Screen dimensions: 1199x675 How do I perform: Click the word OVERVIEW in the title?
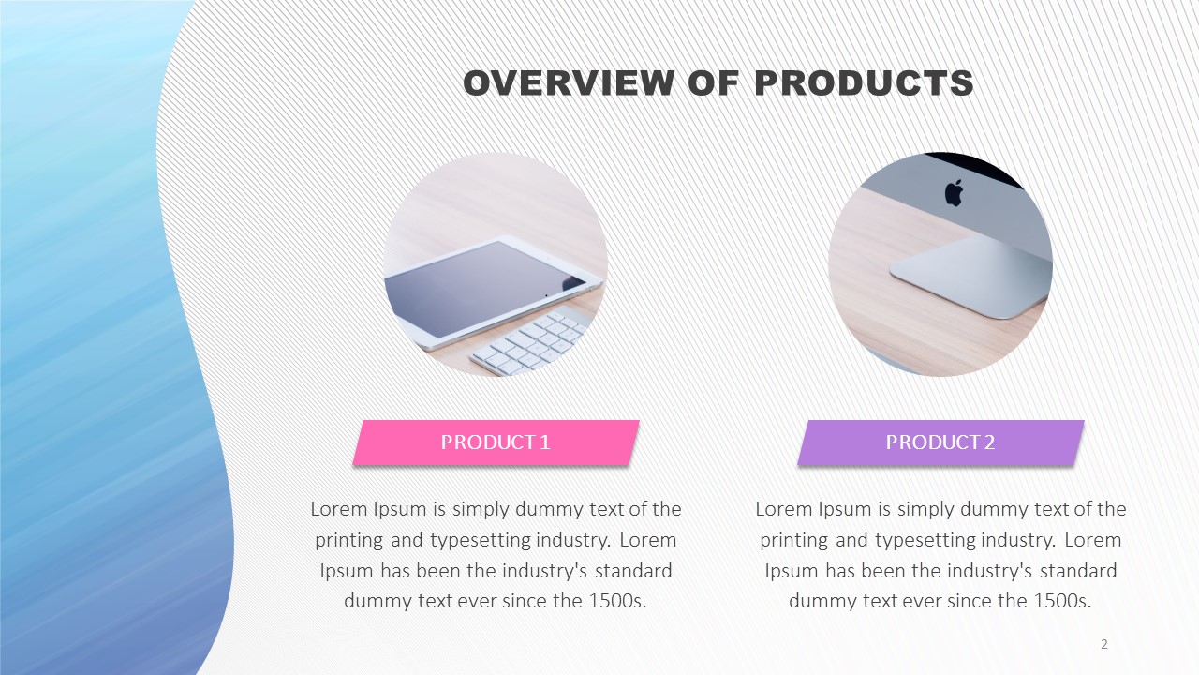[x=568, y=83]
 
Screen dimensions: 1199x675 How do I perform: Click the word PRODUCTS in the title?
[x=864, y=83]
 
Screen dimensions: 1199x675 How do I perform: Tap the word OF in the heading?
[x=714, y=83]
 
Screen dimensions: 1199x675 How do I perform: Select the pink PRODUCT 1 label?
[x=496, y=442]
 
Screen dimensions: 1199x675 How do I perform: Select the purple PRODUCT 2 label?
[x=941, y=442]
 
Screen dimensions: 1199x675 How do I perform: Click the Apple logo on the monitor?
[x=954, y=193]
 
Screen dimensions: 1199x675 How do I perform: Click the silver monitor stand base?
[x=970, y=276]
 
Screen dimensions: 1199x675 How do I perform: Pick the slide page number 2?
[x=1104, y=644]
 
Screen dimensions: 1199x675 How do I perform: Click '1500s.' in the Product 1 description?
[x=617, y=601]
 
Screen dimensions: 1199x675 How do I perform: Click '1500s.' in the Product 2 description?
[x=1062, y=601]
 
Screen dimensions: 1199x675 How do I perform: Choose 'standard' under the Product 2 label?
[x=1078, y=571]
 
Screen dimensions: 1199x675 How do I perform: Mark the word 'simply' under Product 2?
[x=925, y=510]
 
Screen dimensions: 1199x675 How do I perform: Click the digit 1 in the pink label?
[x=545, y=442]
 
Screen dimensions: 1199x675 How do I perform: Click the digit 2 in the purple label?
[x=990, y=442]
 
